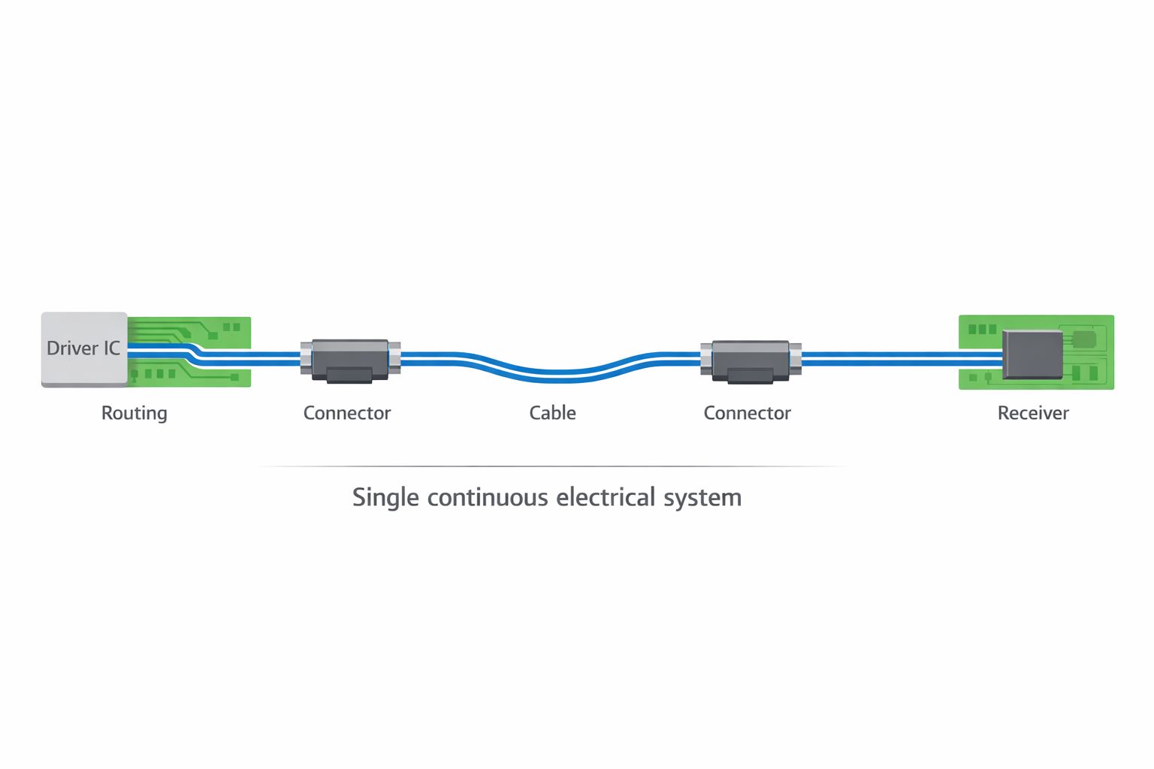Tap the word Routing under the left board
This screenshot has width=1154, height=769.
coord(134,413)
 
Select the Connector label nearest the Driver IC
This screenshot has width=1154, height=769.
coord(347,413)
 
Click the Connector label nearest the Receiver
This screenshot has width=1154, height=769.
coord(747,413)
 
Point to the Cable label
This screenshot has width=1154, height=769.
coord(552,413)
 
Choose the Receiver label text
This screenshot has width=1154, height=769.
coord(1032,413)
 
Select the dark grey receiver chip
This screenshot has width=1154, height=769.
coord(1032,353)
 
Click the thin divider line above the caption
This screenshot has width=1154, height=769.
coord(552,466)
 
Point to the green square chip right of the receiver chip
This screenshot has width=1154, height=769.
coord(1083,339)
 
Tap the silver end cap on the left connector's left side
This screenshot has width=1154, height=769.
coord(306,357)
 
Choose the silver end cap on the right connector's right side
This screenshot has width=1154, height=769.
coord(795,357)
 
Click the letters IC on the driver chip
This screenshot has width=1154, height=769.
coord(111,348)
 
